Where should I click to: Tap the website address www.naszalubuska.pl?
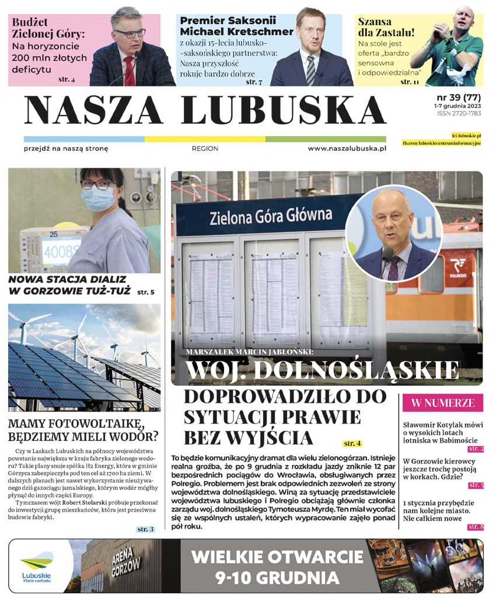pos(347,149)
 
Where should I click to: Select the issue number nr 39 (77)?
pos(459,97)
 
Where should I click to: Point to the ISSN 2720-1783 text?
pos(459,114)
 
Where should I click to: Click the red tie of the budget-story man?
pos(129,71)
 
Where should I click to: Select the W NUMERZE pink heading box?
pos(443,402)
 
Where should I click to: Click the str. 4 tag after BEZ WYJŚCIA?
pos(352,444)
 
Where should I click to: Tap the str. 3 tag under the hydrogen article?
pos(145,529)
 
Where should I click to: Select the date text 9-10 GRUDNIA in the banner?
pos(277,578)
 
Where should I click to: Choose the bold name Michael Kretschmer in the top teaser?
pos(236,31)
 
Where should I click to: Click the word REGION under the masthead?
pos(205,149)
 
